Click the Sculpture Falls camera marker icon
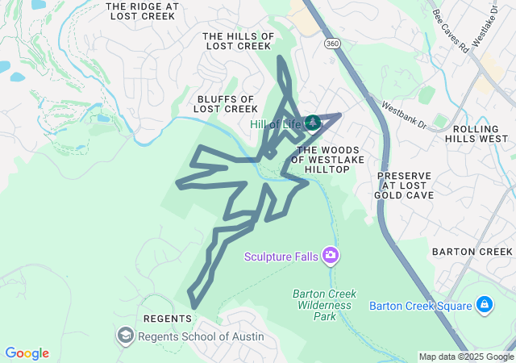[x=331, y=257]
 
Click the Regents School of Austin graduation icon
[x=126, y=335]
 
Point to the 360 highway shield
[x=332, y=42]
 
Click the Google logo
[x=27, y=353]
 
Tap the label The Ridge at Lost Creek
[x=143, y=11]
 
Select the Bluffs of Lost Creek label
[x=227, y=103]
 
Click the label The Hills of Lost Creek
[x=239, y=41]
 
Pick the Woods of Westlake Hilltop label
[x=333, y=159]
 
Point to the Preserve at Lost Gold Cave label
[x=404, y=186]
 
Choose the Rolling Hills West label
[x=481, y=134]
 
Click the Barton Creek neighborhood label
[x=472, y=252]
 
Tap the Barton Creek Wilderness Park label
[x=324, y=305]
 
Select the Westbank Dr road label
[x=404, y=114]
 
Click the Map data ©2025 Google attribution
[x=466, y=357]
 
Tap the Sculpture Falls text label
[x=282, y=257]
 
